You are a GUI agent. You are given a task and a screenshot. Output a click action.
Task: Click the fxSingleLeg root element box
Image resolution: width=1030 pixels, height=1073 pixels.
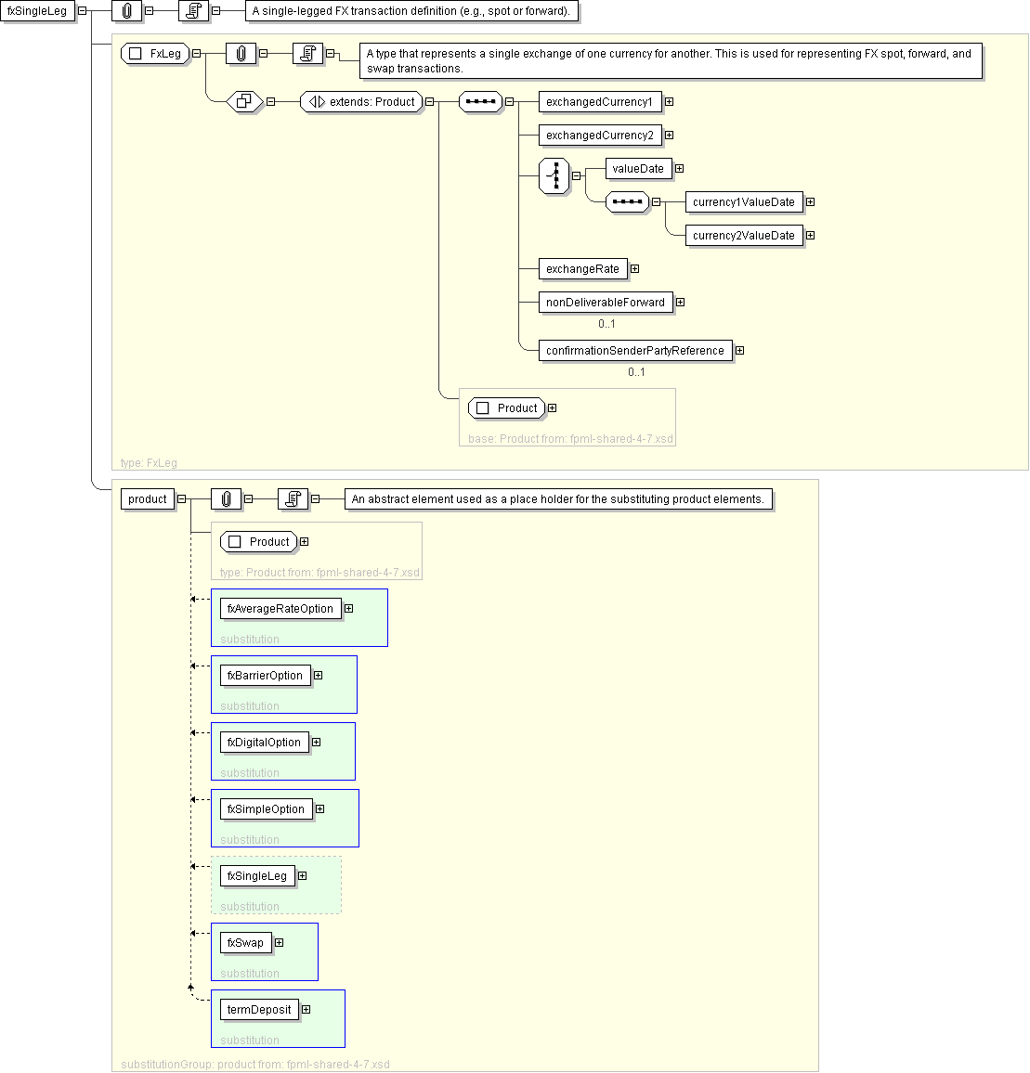(x=37, y=11)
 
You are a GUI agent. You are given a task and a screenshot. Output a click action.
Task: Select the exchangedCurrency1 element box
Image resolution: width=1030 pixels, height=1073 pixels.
(x=599, y=102)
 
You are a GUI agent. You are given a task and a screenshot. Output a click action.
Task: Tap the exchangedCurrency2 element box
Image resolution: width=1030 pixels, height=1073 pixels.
(x=599, y=136)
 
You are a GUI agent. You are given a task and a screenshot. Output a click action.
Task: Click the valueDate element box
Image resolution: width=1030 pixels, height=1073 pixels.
(x=638, y=169)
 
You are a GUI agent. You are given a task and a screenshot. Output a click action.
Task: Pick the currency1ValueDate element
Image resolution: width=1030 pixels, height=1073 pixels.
(x=743, y=202)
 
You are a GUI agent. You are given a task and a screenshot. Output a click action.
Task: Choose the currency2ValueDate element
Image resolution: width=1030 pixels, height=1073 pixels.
(x=743, y=236)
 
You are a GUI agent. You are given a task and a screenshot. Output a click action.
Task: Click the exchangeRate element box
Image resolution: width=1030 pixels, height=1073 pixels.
(x=582, y=269)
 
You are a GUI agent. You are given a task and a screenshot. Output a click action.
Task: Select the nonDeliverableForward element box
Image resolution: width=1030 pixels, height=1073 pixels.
(x=605, y=303)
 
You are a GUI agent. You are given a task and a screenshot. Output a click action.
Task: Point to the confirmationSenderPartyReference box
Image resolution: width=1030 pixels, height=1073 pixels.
(x=634, y=351)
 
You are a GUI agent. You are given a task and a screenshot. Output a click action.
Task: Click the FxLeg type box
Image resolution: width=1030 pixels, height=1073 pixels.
(x=156, y=54)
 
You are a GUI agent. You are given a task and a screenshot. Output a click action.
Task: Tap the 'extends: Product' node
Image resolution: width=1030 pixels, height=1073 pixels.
(x=362, y=102)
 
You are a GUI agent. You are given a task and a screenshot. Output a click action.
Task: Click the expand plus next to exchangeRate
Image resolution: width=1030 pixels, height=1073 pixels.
(x=635, y=269)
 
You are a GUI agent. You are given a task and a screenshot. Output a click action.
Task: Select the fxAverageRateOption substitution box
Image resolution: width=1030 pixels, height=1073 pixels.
(x=280, y=609)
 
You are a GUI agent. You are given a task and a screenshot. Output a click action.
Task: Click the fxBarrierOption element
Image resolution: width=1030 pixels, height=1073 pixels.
(x=265, y=676)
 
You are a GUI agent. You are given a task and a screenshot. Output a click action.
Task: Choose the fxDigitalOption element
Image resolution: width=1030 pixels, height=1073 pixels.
(x=264, y=743)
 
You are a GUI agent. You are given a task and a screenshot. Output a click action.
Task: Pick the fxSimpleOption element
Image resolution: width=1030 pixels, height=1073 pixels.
(x=266, y=809)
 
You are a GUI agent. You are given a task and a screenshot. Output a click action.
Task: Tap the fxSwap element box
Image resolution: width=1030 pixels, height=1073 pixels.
(x=245, y=943)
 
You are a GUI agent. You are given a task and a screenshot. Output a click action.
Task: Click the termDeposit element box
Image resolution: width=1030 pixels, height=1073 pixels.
(x=259, y=1010)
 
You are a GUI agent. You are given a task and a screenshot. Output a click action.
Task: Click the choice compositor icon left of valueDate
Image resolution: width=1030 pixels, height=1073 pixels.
(x=554, y=175)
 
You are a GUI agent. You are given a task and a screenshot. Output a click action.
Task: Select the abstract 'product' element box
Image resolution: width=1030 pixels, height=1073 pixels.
(x=148, y=499)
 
